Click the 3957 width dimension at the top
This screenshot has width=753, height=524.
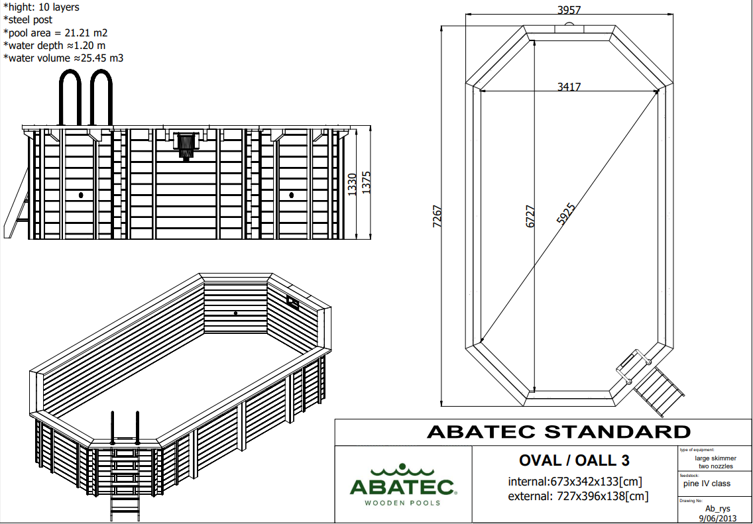569,9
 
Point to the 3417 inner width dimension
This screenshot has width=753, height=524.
569,87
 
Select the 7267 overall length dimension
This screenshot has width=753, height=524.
437,217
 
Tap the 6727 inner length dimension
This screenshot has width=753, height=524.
530,217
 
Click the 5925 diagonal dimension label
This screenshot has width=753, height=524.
565,214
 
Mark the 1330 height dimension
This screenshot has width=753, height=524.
352,185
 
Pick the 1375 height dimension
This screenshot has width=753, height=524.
367,183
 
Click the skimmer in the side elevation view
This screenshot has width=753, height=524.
186,145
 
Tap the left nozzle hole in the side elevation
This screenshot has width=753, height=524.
81,195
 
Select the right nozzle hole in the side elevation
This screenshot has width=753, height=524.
292,195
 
